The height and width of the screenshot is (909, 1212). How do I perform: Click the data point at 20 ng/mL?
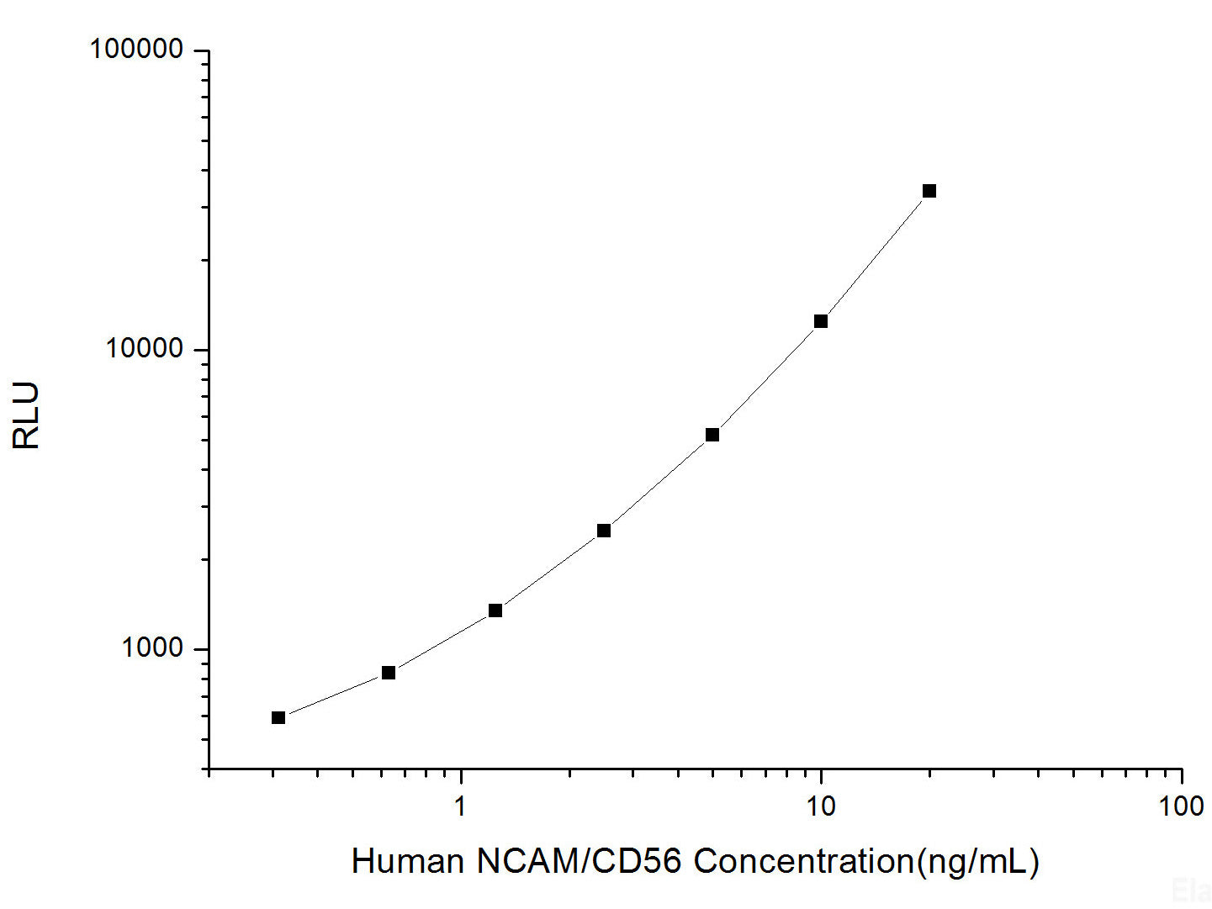point(929,191)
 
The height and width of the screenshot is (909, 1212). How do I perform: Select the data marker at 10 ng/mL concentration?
point(820,321)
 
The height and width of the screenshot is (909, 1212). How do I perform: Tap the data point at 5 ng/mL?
point(712,435)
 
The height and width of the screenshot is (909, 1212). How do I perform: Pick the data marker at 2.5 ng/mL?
point(603,531)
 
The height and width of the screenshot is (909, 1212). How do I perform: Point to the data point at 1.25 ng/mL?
point(495,610)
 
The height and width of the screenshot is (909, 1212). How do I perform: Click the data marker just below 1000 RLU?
point(388,673)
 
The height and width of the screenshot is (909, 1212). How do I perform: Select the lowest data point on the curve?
point(278,717)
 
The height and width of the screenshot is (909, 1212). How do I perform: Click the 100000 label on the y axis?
point(136,50)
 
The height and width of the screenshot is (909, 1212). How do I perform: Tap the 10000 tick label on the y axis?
point(144,348)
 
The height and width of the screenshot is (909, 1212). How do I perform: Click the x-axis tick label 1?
point(460,806)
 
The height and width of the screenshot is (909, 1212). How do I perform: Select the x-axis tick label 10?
point(820,806)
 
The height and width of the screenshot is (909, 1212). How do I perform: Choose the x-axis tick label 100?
point(1180,806)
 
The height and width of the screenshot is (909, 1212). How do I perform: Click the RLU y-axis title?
point(26,415)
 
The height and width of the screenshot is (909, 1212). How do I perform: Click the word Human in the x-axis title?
point(407,861)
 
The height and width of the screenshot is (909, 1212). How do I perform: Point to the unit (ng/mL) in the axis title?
point(977,861)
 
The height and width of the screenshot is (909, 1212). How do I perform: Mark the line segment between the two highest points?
point(875,256)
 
